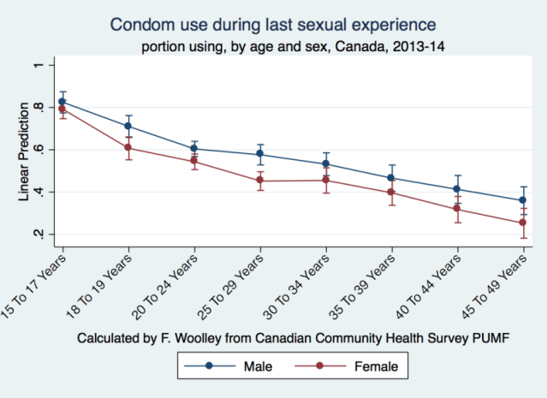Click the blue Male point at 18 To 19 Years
(128, 126)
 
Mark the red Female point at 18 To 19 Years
(128, 147)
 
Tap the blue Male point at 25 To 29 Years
(260, 155)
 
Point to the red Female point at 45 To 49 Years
(523, 223)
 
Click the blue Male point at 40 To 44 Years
(457, 189)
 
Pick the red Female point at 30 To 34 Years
(326, 180)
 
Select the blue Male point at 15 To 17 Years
(62, 102)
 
